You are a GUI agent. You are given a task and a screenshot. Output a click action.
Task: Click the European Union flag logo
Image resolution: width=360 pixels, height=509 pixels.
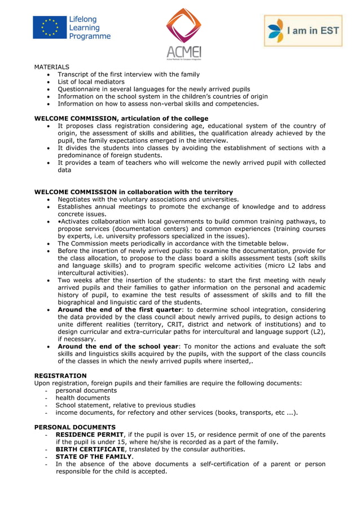[50, 27]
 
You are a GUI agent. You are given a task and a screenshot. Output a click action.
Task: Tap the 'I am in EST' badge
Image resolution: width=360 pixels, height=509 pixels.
[304, 30]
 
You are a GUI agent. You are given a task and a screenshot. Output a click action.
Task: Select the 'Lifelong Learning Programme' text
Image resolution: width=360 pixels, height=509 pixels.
[90, 28]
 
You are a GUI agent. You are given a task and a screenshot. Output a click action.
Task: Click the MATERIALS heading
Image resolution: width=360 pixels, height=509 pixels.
[52, 67]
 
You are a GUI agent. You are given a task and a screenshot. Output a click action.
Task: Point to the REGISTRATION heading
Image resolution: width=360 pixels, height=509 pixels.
[60, 376]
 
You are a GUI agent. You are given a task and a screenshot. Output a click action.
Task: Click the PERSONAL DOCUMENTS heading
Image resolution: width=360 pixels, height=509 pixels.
[74, 427]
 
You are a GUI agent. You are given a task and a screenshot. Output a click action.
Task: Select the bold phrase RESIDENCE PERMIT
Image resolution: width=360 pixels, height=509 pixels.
[89, 435]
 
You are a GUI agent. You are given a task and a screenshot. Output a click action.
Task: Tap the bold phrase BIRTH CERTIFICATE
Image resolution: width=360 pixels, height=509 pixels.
[90, 449]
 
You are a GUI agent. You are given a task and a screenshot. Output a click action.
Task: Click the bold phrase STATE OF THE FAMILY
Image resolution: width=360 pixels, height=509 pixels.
[93, 457]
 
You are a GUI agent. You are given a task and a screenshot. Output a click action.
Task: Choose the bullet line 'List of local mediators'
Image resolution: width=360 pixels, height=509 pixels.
[91, 82]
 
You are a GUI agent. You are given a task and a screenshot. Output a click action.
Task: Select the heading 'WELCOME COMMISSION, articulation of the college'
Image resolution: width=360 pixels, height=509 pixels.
[121, 119]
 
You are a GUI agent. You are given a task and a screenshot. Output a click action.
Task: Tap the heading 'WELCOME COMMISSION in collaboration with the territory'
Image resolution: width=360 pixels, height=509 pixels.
[133, 192]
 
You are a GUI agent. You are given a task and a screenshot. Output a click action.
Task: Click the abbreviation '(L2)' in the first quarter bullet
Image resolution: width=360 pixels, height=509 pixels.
[318, 332]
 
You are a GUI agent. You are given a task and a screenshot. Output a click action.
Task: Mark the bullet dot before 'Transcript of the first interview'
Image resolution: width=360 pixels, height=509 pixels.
[50, 74]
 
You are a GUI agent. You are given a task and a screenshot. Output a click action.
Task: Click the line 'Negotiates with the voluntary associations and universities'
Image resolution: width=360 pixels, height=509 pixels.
[148, 199]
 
